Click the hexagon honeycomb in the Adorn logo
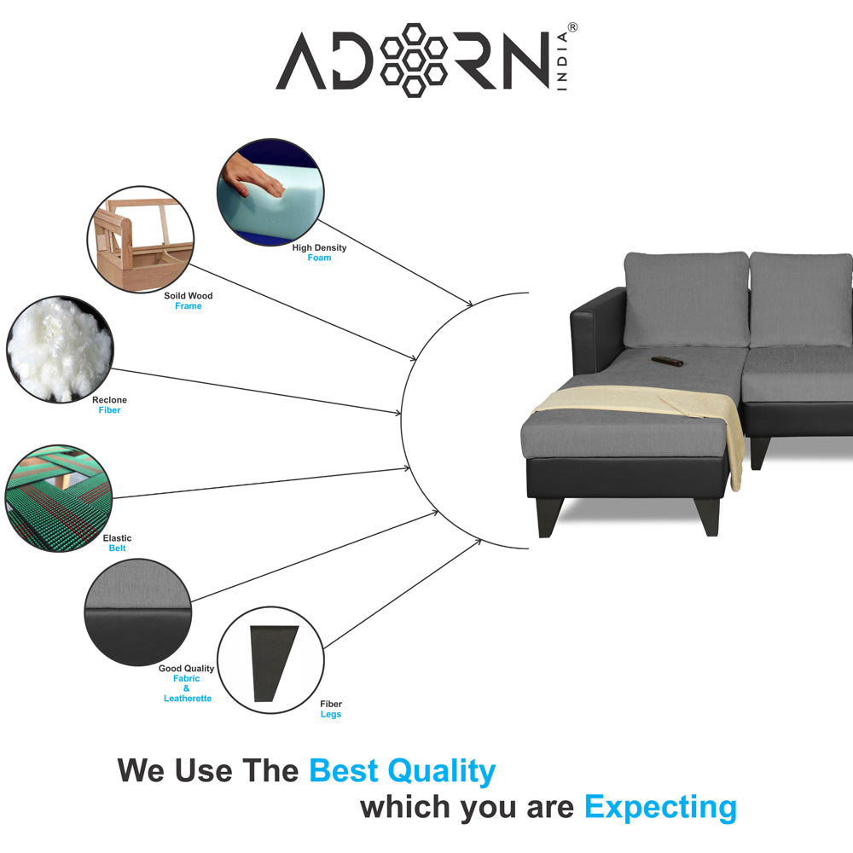tap(414, 61)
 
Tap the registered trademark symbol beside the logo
tap(572, 27)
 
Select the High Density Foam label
tap(319, 252)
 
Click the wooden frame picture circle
tap(141, 240)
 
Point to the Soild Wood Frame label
tap(189, 301)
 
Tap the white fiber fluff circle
tap(60, 349)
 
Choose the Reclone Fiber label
tap(109, 404)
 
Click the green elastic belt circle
tap(58, 498)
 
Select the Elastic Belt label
tap(117, 543)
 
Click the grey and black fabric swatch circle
tap(138, 612)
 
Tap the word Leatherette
tap(188, 698)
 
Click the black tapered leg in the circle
tap(273, 663)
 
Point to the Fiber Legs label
tap(331, 709)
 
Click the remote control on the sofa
tap(668, 361)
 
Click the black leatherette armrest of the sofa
tap(597, 332)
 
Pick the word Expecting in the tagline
tap(660, 807)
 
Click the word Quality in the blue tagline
tap(441, 771)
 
